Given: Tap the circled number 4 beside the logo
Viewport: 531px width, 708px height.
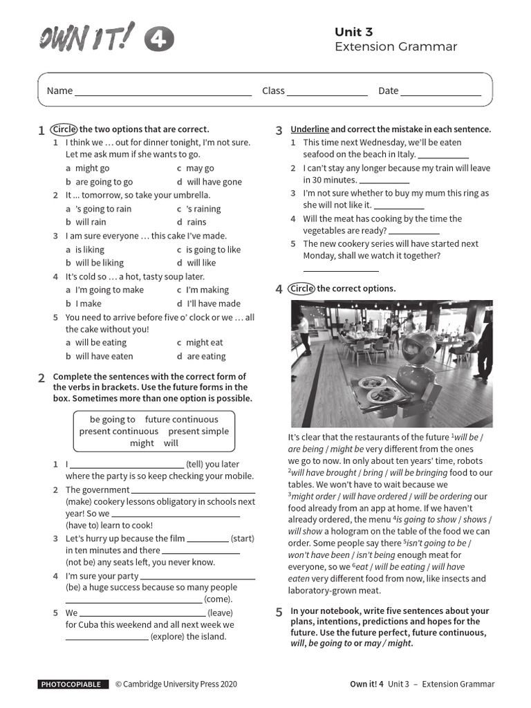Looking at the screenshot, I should coord(159,41).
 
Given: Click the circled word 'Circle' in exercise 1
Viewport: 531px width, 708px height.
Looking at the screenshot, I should coord(64,129).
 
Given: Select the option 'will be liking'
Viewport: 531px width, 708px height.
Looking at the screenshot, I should coord(100,263).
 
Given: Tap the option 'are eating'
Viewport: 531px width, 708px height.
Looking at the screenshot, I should coord(206,356).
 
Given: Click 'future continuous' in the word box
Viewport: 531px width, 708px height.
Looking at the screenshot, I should coord(181,419).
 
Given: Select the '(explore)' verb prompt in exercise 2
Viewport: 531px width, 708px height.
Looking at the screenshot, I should coord(169,637).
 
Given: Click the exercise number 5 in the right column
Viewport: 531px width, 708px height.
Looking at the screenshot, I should coord(279,612).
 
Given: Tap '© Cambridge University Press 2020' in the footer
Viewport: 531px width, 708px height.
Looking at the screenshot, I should coord(176,684).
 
